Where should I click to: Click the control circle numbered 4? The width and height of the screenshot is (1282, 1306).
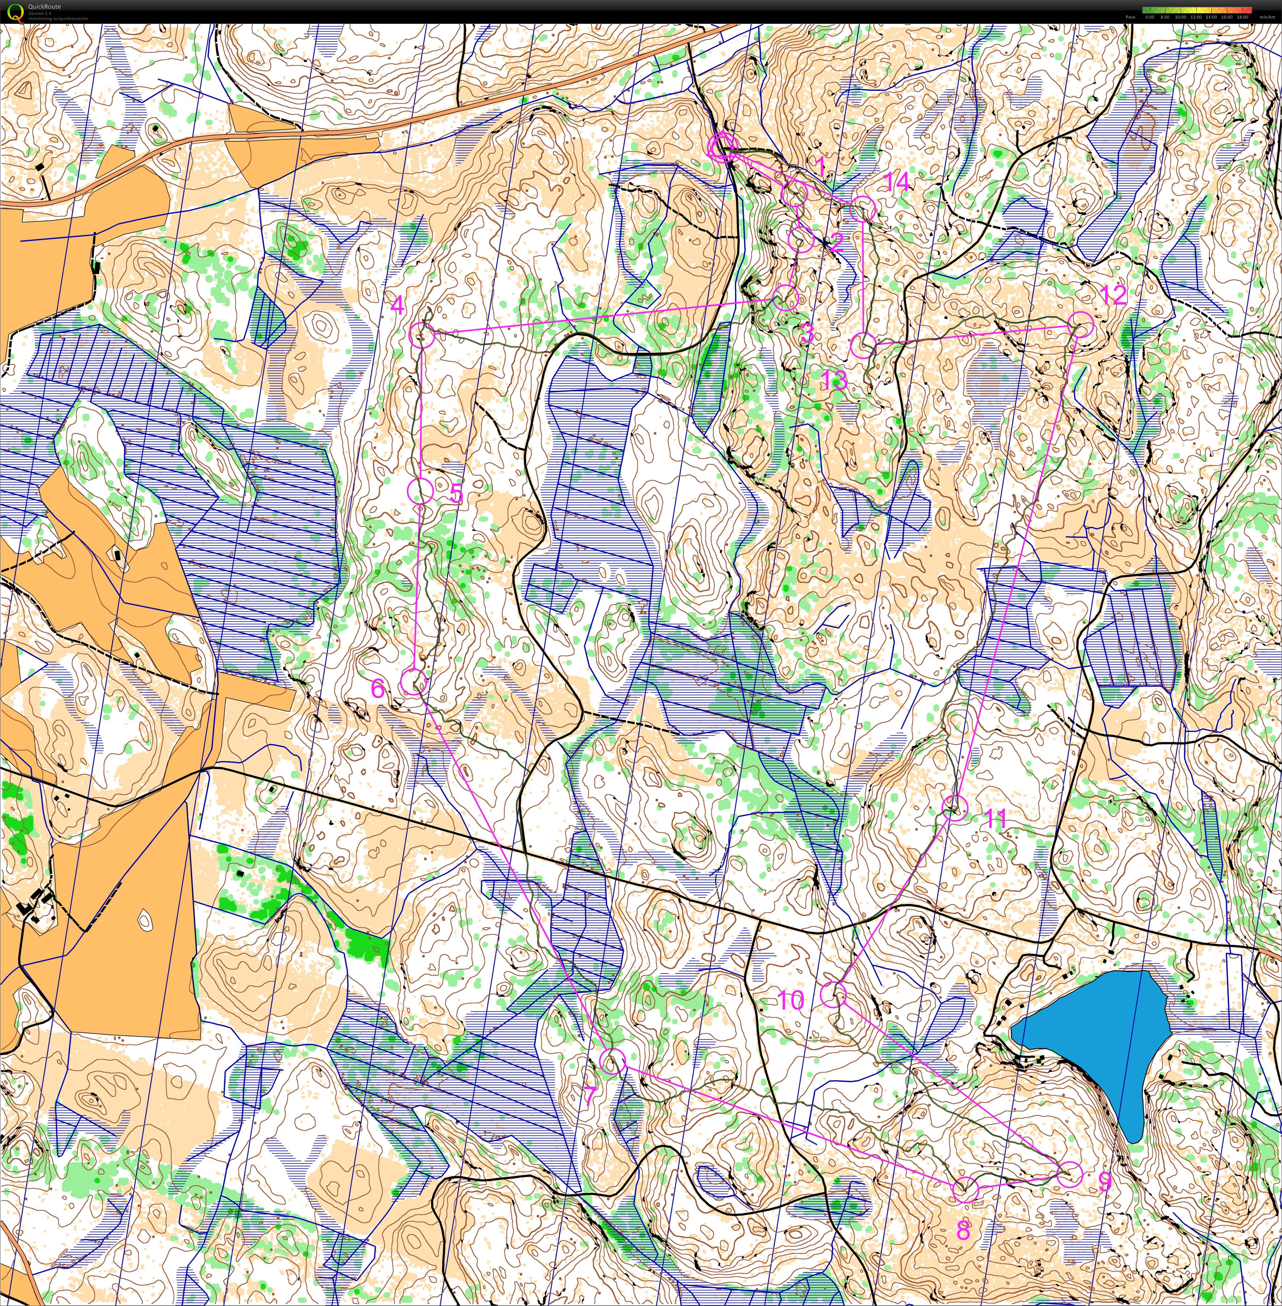422,334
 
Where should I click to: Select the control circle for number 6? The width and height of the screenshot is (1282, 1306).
414,682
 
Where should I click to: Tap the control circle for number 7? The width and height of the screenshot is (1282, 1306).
613,1060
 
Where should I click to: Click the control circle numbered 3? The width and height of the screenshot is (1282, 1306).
786,297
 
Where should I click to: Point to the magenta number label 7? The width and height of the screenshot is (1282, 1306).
589,1096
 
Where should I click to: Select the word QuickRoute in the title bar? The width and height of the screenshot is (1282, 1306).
44,7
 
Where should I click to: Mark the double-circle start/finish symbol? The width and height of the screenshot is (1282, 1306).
722,146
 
